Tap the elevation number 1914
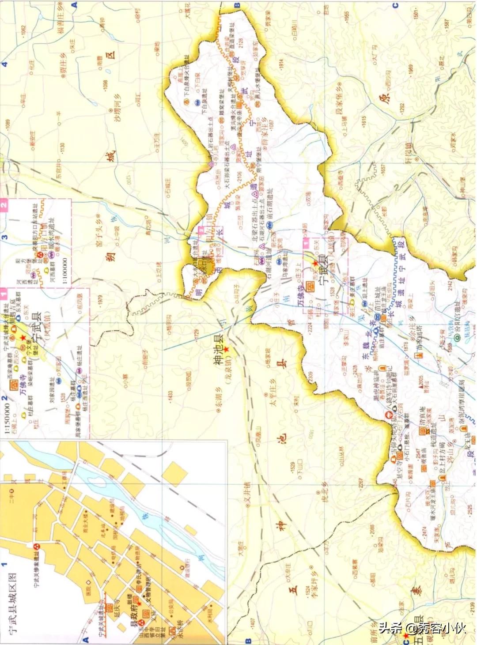(x=281, y=64)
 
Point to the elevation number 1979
(x=100, y=300)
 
